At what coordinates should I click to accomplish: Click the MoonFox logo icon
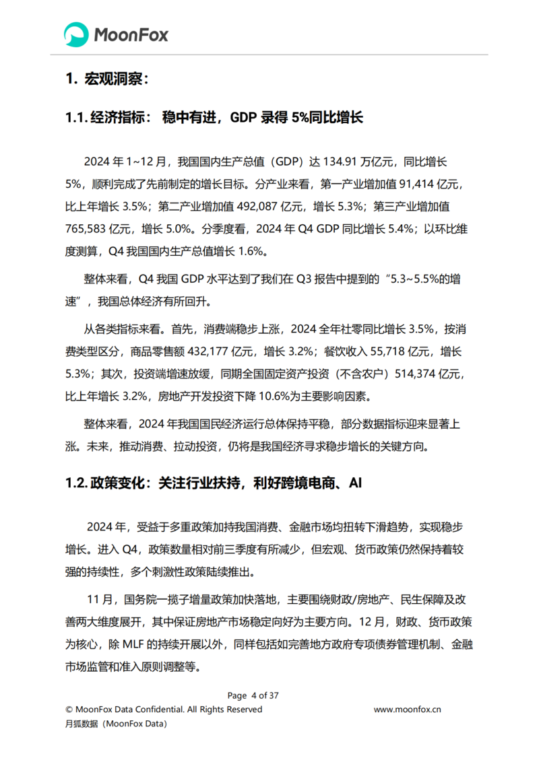76,34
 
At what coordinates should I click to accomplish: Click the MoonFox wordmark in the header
131,35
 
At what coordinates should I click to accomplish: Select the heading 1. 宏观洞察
106,79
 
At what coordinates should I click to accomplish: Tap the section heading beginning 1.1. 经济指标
214,118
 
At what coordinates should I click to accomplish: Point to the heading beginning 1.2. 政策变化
214,483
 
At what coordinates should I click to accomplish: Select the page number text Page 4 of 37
253,695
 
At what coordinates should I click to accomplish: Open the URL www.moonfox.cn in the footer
408,709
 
